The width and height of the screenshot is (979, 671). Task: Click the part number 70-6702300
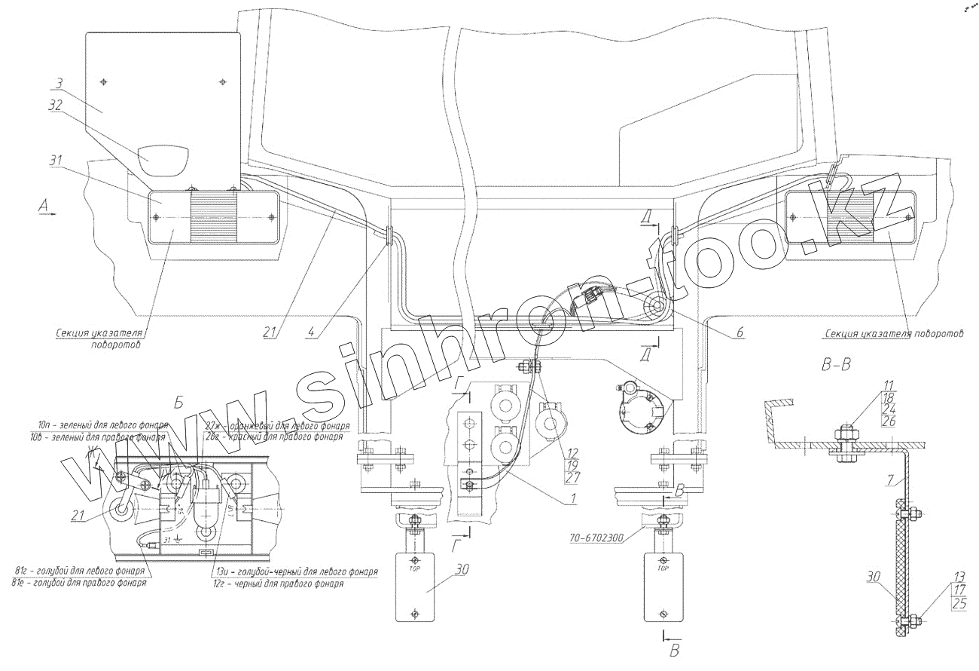(597, 538)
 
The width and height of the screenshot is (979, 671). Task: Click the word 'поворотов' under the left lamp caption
(117, 345)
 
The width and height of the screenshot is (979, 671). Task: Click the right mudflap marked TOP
(663, 587)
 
